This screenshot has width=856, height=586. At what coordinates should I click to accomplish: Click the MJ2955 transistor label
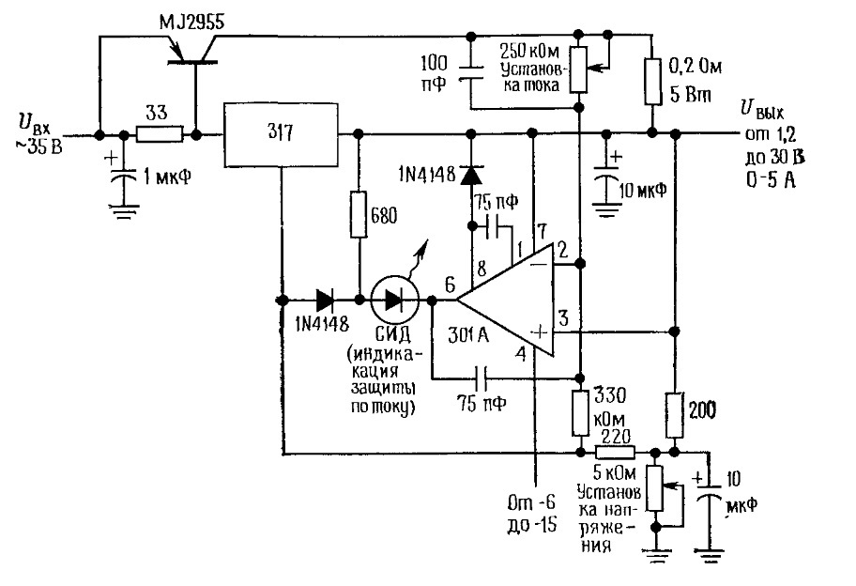pyautogui.click(x=191, y=23)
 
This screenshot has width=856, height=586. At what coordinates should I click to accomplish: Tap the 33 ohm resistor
pyautogui.click(x=159, y=134)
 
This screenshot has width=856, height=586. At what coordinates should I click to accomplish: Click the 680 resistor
pyautogui.click(x=359, y=215)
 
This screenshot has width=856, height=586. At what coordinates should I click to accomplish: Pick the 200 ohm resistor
pyautogui.click(x=675, y=414)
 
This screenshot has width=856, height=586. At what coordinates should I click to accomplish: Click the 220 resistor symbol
pyautogui.click(x=615, y=453)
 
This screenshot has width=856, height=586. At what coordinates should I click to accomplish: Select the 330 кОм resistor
pyautogui.click(x=580, y=413)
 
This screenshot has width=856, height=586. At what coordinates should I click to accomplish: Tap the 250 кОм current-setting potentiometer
pyautogui.click(x=579, y=69)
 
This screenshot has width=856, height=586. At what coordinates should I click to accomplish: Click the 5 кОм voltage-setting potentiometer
pyautogui.click(x=654, y=488)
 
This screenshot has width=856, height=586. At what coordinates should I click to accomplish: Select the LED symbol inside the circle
pyautogui.click(x=394, y=300)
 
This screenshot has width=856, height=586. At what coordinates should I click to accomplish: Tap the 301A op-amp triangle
pyautogui.click(x=506, y=300)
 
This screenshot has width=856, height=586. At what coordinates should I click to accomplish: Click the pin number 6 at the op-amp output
pyautogui.click(x=450, y=285)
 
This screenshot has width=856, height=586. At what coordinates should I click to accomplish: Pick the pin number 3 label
pyautogui.click(x=563, y=317)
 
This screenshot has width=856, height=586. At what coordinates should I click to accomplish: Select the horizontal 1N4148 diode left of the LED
pyautogui.click(x=326, y=300)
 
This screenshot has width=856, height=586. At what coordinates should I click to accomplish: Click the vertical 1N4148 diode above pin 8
pyautogui.click(x=470, y=175)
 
